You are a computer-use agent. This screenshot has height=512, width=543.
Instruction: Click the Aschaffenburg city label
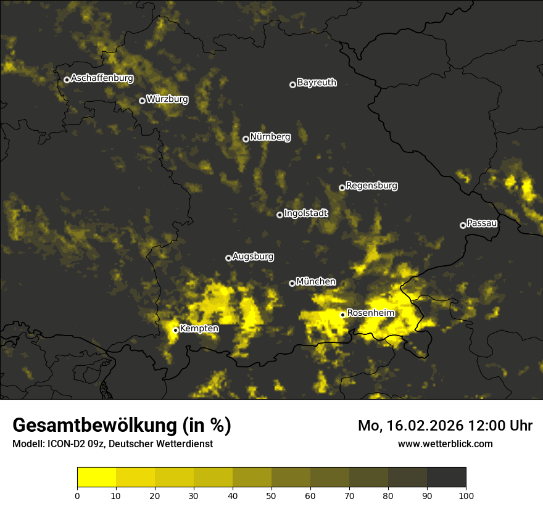point(102,78)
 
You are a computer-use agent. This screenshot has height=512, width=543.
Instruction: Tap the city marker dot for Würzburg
point(142,101)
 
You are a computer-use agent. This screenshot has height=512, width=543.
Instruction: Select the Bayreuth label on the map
point(317,83)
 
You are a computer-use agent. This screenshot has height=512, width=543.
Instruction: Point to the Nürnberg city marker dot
point(246,139)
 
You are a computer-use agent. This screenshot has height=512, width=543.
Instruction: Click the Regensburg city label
point(371,186)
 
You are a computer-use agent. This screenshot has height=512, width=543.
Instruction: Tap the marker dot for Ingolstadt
point(280,215)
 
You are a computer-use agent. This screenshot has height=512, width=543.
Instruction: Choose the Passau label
point(482,223)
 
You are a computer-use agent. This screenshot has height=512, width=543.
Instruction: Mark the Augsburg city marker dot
point(228,258)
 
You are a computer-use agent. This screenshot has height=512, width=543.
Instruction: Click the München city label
point(316,282)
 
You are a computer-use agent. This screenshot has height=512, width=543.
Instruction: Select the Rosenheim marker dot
point(342,315)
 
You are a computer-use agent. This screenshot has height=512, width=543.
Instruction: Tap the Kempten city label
point(199,329)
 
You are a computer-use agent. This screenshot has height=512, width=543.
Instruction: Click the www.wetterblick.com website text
point(445,444)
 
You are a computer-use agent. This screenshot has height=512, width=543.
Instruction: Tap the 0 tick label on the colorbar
point(77,495)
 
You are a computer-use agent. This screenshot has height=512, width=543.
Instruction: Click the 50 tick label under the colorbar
point(271,495)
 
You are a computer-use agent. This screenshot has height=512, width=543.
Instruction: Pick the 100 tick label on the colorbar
point(466,495)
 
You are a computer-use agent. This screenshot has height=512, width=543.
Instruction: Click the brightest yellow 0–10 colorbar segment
point(96,477)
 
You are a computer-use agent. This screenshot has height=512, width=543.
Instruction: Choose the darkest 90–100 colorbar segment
point(446,477)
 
